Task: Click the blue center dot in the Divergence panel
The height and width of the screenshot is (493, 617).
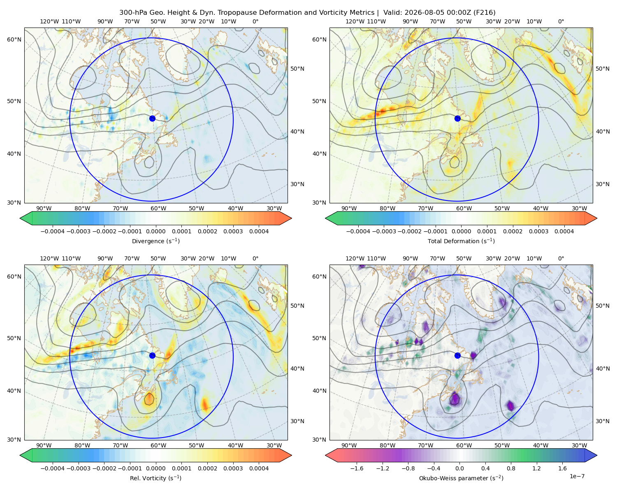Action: [x=152, y=118]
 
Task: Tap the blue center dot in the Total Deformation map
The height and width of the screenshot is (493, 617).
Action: [x=457, y=118]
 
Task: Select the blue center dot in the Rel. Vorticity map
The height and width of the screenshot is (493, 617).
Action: [x=152, y=355]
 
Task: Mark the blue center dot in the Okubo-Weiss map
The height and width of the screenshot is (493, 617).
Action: [x=457, y=355]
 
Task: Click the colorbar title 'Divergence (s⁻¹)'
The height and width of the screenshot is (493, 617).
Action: [x=155, y=241]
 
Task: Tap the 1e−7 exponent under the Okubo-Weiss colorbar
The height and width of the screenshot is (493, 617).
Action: [x=577, y=476]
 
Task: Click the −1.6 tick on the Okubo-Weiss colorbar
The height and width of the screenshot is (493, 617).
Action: [x=357, y=468]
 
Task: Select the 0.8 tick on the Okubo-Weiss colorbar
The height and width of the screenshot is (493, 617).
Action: [x=511, y=468]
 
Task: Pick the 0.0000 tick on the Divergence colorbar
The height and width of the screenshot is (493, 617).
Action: [x=155, y=231]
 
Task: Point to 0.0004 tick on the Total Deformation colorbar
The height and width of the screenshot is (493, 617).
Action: [x=564, y=231]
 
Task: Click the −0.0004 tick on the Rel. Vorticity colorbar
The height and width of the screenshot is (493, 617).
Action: [x=53, y=468]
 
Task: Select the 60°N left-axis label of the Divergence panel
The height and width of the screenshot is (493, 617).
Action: [x=14, y=39]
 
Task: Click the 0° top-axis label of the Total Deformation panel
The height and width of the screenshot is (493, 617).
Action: [x=561, y=21]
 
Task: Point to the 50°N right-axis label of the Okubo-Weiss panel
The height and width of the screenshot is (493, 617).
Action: [x=602, y=306]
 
